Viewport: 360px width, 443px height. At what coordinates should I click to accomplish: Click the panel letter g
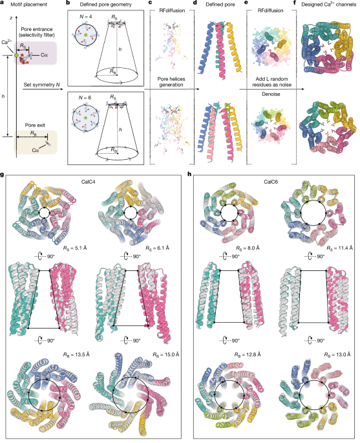coord(2,175)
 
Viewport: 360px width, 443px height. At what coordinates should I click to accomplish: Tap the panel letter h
coord(189,174)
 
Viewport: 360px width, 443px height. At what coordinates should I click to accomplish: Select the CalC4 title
coord(88,182)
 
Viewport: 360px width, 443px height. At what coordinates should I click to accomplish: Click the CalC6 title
coord(271,182)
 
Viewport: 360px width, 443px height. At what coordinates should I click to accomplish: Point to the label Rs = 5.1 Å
coord(75,248)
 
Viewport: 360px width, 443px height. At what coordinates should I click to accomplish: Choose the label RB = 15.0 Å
coord(166,354)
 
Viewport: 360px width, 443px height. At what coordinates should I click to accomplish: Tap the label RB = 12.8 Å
coord(248,354)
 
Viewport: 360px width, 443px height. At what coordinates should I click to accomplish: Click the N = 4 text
coord(85,17)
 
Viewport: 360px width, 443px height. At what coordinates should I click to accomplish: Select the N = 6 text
coord(85,98)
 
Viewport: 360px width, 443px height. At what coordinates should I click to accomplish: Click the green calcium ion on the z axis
coord(16,55)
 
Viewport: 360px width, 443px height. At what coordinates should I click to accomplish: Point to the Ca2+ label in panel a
coord(6,43)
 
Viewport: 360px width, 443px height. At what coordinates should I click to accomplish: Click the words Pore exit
coord(35,125)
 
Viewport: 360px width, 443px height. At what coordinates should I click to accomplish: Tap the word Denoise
coord(271,94)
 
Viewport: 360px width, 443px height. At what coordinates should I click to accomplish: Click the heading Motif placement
coord(29,5)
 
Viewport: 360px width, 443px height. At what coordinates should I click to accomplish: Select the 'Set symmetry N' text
coord(42,85)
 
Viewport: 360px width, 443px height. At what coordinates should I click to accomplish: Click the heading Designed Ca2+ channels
coord(329,5)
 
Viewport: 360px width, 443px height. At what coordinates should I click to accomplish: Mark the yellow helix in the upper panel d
coord(233,48)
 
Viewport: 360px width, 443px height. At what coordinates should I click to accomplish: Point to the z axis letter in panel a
coord(11,18)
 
